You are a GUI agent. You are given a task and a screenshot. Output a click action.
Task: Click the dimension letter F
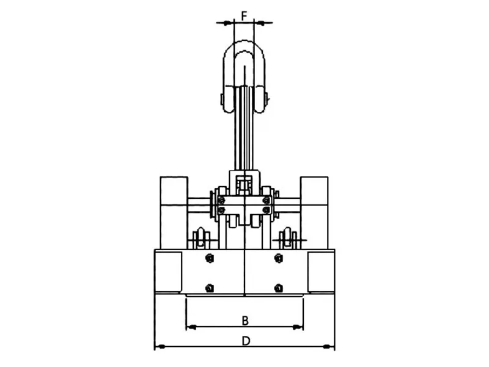[x=244, y=15]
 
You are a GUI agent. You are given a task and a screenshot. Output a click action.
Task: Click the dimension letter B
[x=245, y=321]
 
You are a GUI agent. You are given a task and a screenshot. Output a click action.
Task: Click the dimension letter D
[x=246, y=341]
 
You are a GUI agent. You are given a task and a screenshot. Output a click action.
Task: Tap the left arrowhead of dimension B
[x=191, y=327]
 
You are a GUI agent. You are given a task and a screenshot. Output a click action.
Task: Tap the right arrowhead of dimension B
[x=298, y=327]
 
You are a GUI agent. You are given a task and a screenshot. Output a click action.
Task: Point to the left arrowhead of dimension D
[x=160, y=346]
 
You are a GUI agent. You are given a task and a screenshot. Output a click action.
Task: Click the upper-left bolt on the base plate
[x=210, y=258]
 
